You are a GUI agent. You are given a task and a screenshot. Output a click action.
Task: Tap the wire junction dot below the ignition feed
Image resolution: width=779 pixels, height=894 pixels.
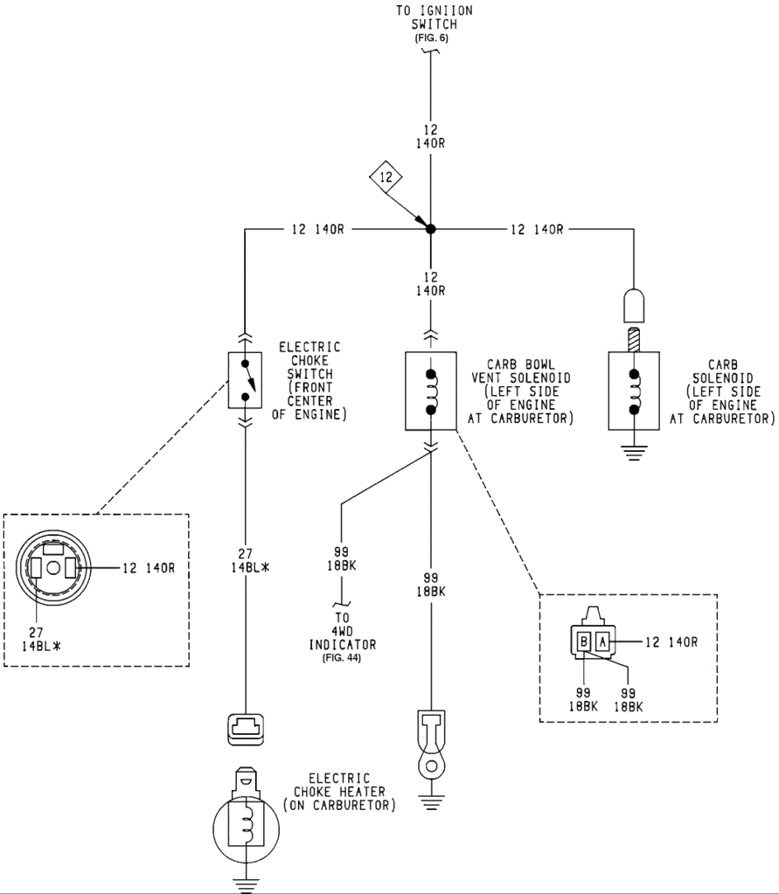(430, 229)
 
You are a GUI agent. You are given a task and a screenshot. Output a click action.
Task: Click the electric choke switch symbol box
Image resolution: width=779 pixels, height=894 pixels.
(245, 380)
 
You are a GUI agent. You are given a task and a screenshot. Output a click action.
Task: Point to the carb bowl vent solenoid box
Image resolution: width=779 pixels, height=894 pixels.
(430, 391)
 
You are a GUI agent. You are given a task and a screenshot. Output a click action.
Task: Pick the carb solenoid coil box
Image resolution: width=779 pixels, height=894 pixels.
(631, 391)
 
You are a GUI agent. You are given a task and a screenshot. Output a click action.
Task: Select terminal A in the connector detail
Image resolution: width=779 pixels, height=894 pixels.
(603, 642)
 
